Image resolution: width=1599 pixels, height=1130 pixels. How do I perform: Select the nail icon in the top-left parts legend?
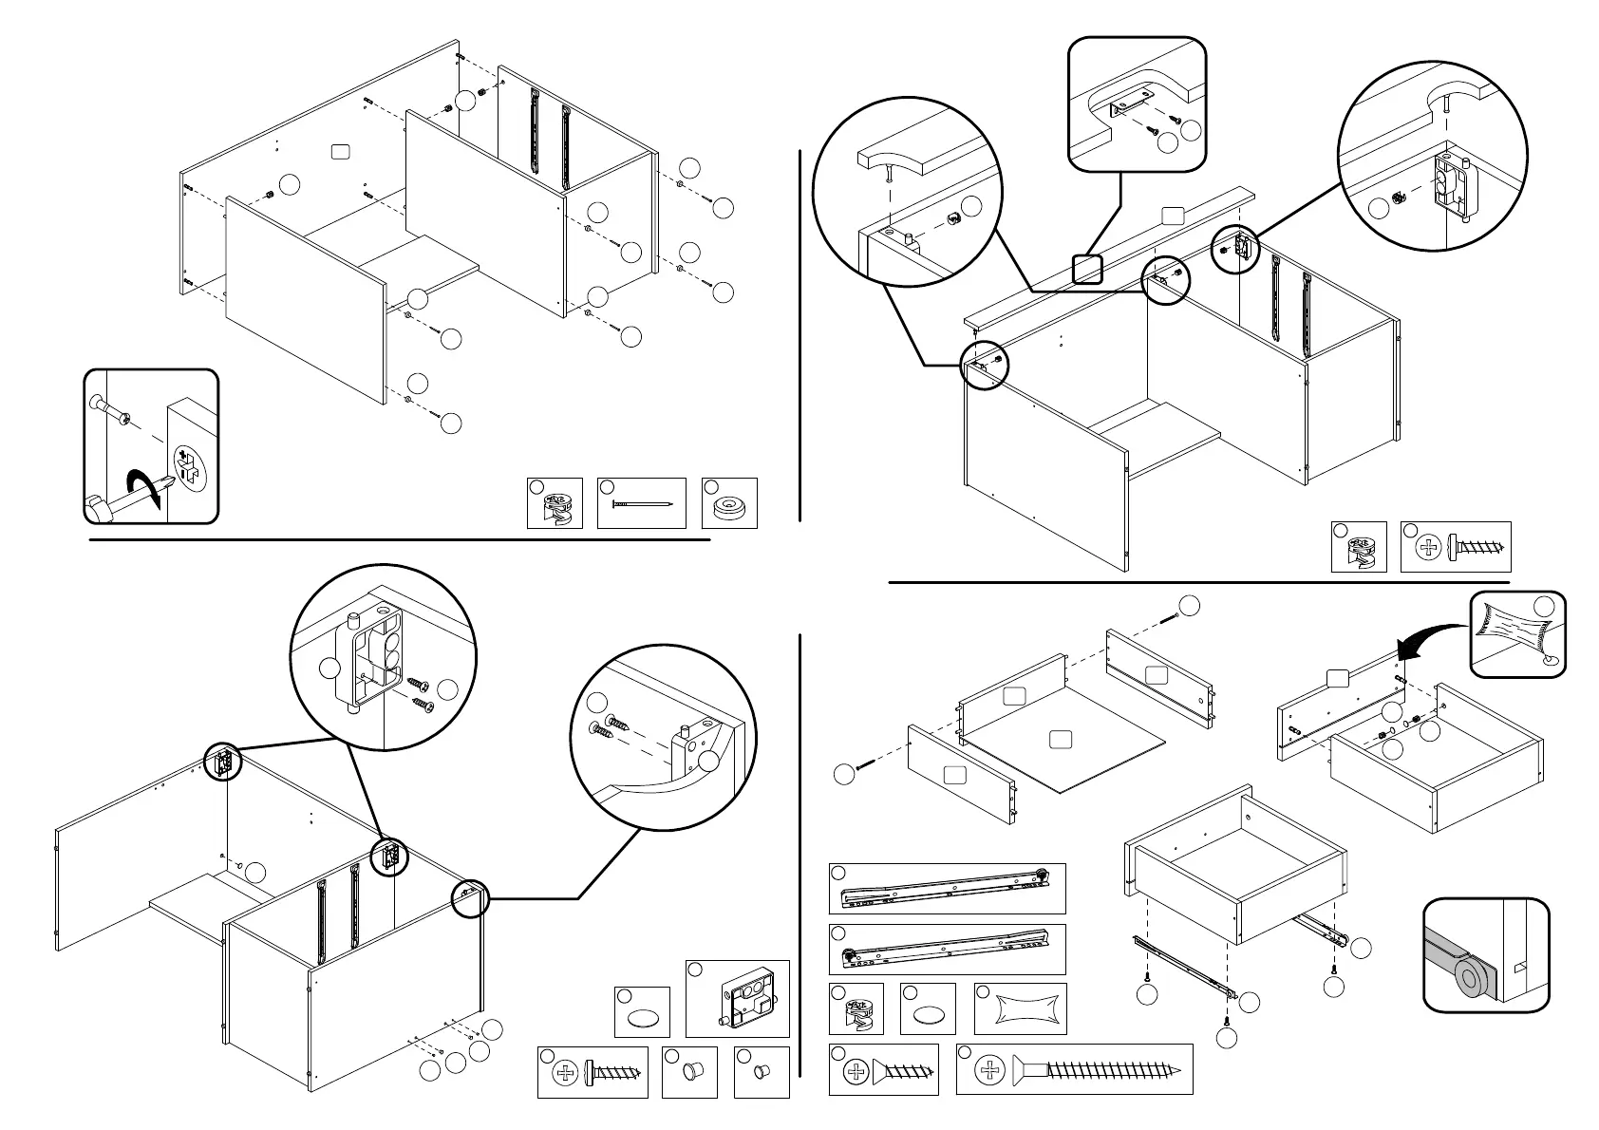coord(642,504)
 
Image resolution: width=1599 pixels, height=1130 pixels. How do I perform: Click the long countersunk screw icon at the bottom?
coord(1092,1069)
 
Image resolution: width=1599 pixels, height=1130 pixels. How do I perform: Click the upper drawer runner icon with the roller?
coord(947,888)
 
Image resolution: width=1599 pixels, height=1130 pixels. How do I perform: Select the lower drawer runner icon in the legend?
coord(947,948)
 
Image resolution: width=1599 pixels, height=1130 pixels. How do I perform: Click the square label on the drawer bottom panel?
coord(1063,739)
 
